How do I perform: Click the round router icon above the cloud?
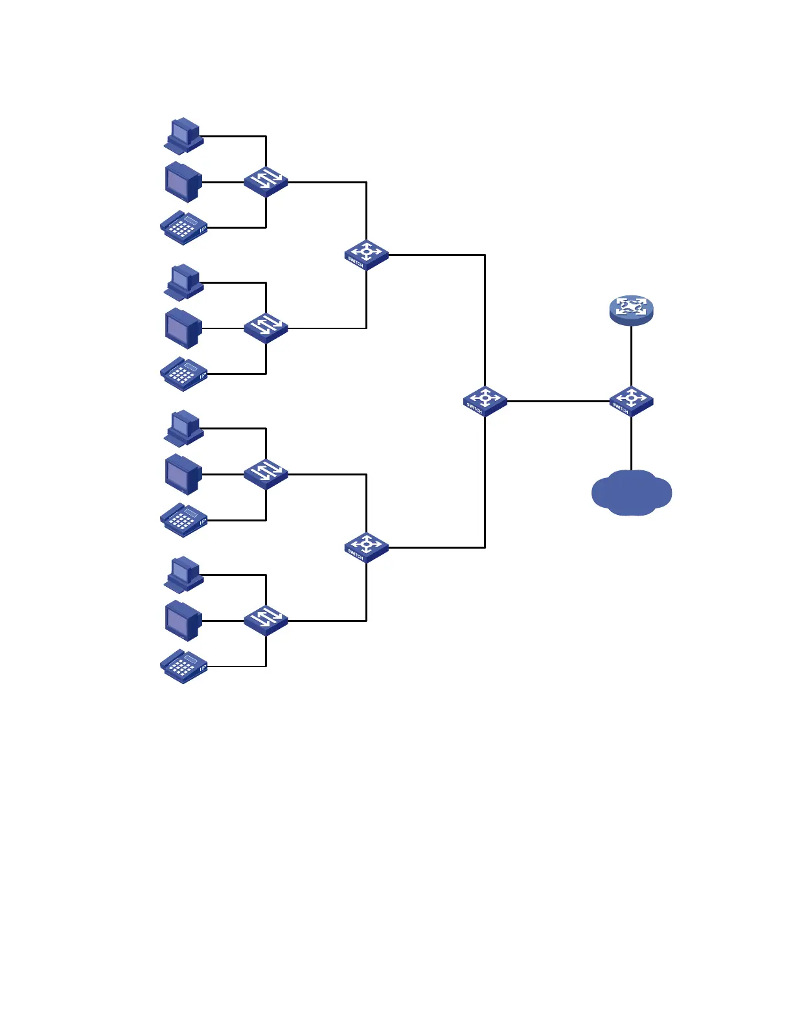point(631,310)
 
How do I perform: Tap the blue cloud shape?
point(631,493)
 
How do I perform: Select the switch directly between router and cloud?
point(631,400)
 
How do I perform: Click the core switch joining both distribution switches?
point(485,400)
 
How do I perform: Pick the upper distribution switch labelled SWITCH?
point(366,255)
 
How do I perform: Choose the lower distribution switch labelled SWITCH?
point(366,547)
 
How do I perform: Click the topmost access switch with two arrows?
point(266,181)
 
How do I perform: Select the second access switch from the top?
point(266,328)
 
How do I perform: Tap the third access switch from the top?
point(266,474)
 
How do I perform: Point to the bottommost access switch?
point(266,621)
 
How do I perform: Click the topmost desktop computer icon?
point(184,135)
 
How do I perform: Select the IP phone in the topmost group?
point(184,227)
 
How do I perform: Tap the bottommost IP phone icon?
point(184,667)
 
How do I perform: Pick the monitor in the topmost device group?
point(184,182)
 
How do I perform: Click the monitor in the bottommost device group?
point(184,621)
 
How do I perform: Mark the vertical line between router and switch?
point(631,356)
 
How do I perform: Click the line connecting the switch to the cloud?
point(631,444)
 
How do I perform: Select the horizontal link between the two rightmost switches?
point(557,401)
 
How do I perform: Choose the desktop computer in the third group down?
point(184,428)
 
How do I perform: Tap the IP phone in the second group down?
point(184,374)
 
